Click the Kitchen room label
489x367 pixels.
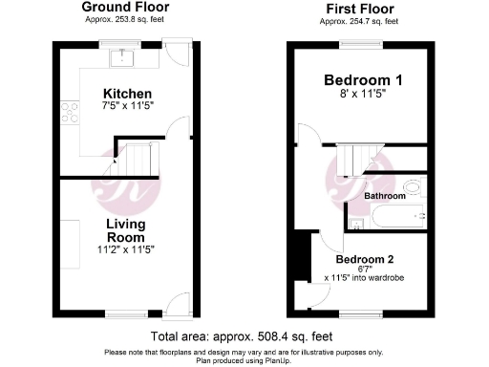pos(127,93)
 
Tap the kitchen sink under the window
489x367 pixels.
pos(123,60)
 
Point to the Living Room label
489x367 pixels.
pos(125,230)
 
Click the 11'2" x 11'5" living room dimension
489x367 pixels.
pos(124,249)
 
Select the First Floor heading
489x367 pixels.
pos(360,7)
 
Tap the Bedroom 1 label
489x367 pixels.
pos(362,80)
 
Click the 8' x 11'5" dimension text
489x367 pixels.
pos(362,96)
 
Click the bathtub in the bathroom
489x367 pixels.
pos(397,218)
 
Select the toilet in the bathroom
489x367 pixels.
pos(413,186)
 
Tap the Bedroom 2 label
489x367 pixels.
pos(364,259)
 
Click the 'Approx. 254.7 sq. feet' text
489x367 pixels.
pos(360,19)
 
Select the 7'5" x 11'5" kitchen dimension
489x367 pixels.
pos(127,107)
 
